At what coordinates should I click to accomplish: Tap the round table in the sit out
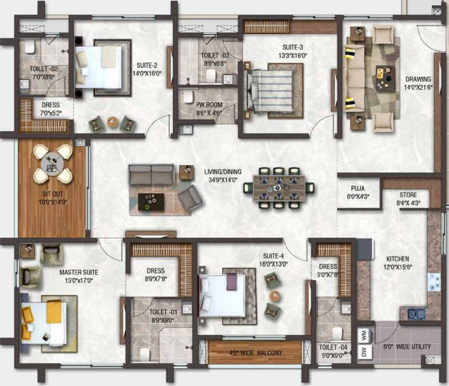click(53, 163)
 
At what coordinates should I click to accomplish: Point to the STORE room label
click(408, 195)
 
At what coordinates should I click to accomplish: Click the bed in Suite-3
click(271, 90)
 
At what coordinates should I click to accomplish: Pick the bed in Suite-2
click(100, 67)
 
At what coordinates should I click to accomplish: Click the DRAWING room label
click(418, 79)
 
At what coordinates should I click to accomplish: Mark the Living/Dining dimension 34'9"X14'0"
click(220, 179)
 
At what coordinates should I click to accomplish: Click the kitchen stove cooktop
click(433, 282)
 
